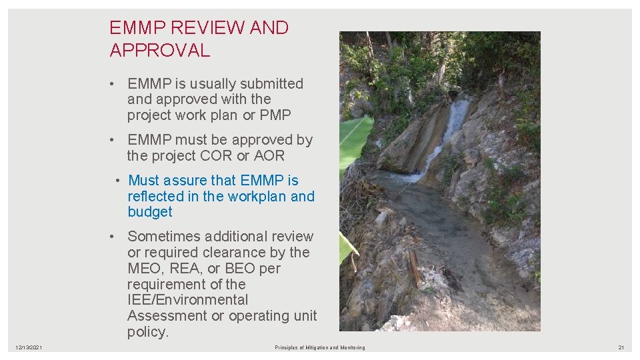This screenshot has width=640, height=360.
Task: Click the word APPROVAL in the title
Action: click(x=160, y=50)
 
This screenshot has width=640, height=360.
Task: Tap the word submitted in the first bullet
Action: click(x=271, y=84)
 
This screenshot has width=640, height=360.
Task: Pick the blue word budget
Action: click(x=150, y=212)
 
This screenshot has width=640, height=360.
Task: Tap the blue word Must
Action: click(x=144, y=181)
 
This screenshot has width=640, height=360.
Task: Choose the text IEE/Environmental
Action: click(x=187, y=300)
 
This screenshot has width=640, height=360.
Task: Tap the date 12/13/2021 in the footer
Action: click(x=29, y=347)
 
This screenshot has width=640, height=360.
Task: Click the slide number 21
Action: click(x=621, y=347)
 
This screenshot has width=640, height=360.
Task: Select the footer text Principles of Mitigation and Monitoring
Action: click(x=320, y=347)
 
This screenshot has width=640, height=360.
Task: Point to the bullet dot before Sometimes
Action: click(x=115, y=237)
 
